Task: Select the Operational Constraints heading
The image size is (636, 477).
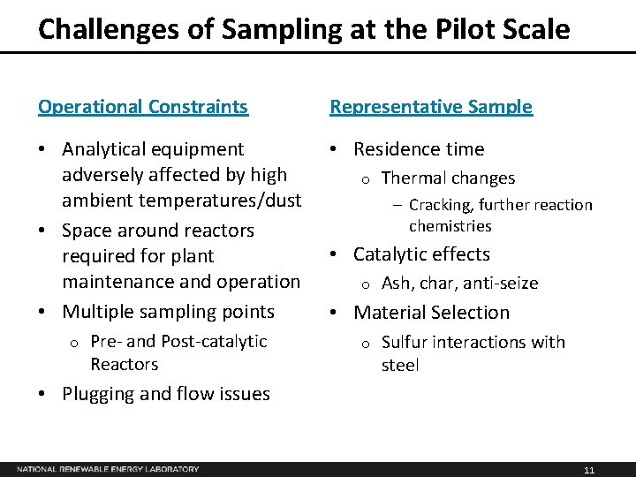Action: click(143, 107)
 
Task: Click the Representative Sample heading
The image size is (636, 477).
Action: click(431, 107)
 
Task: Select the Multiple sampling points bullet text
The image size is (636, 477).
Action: click(168, 312)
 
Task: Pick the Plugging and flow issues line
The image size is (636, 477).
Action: click(166, 394)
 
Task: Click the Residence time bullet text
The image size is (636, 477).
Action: click(419, 149)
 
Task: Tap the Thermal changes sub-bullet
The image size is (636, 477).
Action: click(448, 178)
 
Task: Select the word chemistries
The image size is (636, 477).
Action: click(450, 226)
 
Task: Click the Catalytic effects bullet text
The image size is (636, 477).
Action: click(421, 254)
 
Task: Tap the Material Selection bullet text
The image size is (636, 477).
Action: click(431, 313)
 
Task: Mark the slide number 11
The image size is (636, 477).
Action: click(589, 470)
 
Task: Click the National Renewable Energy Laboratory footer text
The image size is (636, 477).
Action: click(108, 469)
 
